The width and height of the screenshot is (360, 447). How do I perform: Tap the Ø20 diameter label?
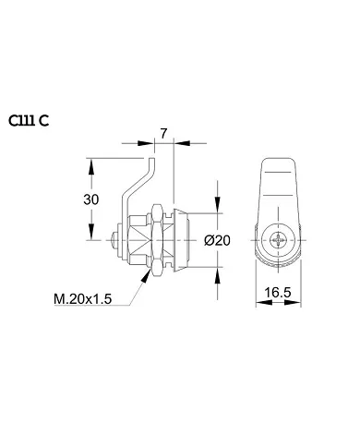coord(216,239)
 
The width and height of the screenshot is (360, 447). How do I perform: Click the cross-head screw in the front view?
coord(281,241)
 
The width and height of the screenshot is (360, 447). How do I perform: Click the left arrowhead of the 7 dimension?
coord(153,144)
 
